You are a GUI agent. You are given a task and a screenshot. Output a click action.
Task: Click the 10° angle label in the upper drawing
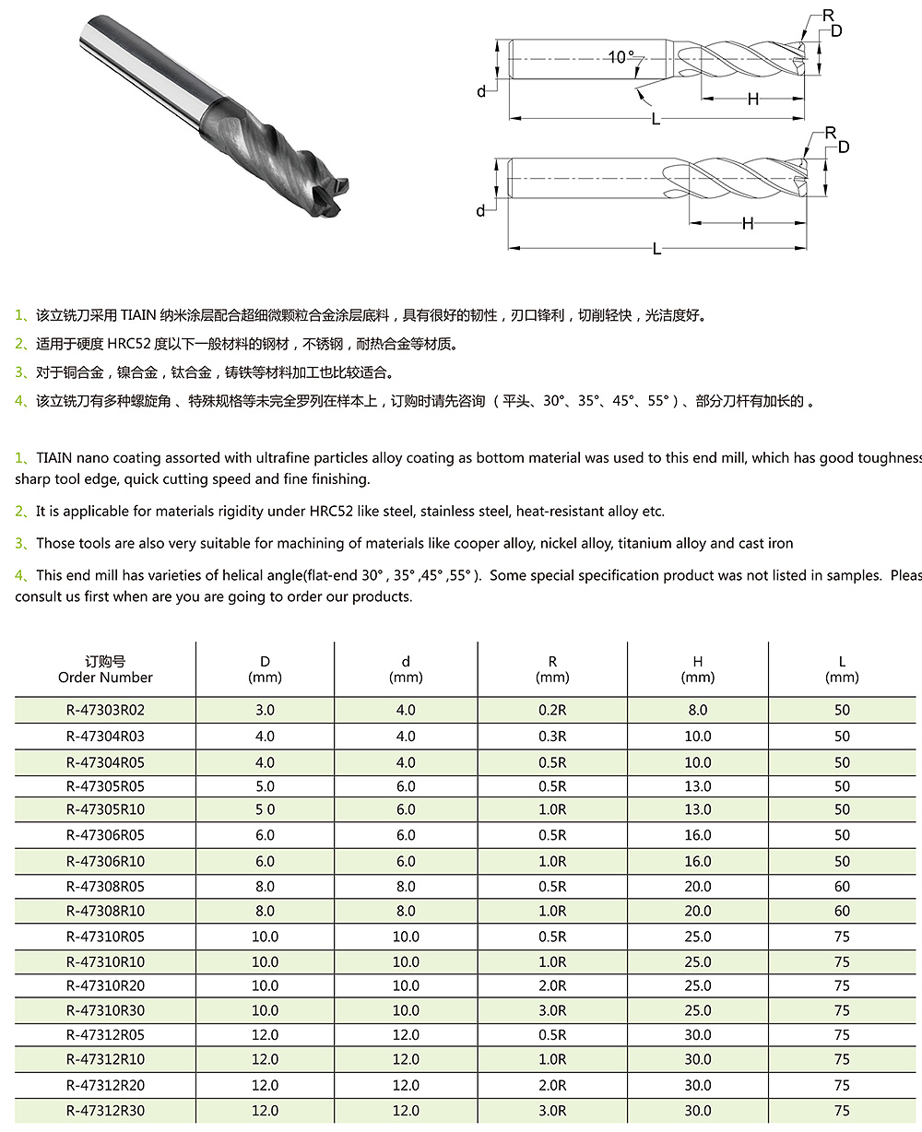pos(621,57)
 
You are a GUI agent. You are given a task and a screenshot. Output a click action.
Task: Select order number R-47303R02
pos(105,710)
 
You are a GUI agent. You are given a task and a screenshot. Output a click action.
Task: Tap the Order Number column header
pos(105,669)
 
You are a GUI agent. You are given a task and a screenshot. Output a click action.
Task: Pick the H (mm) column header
pos(697,669)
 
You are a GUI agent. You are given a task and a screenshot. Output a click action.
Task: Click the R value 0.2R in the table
pos(552,710)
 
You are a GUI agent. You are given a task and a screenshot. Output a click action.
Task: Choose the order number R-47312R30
pos(105,1111)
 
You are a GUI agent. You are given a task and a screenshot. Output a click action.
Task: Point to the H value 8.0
pos(697,710)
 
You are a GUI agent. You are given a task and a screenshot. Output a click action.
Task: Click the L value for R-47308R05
pos(842,886)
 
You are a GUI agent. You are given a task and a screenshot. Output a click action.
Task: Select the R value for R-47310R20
pos(552,985)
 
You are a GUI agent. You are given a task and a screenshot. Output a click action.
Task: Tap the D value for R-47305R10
pos(265,809)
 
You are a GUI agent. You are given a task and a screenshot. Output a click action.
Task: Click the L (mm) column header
pos(842,669)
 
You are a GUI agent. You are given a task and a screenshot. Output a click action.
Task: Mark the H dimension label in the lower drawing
pos(748,223)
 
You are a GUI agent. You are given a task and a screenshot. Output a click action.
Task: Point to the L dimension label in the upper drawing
pos(656,119)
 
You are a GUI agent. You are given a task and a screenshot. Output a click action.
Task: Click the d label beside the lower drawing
pos(480,211)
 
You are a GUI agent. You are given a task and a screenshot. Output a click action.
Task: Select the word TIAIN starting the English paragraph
pos(54,458)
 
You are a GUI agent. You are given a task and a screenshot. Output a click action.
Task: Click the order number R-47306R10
pos(105,861)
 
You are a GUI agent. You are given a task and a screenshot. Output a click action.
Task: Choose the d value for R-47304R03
pos(406,737)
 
